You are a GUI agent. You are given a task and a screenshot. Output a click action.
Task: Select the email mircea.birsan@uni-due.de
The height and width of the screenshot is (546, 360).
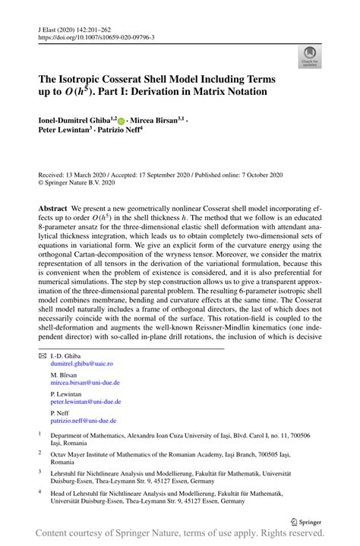pyautogui.click(x=85, y=383)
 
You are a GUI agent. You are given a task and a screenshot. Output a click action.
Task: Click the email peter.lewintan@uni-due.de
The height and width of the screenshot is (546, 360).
pyautogui.click(x=85, y=402)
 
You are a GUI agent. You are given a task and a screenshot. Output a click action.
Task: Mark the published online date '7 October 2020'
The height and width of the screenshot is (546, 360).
pyautogui.click(x=254, y=175)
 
